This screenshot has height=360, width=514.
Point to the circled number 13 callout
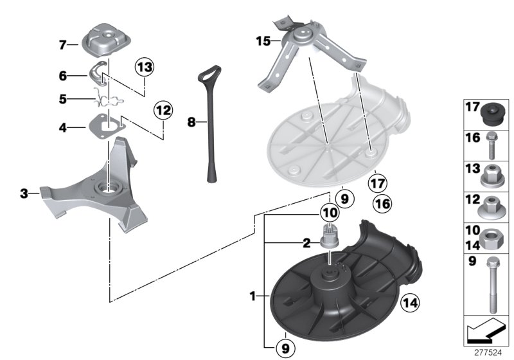pos(145,67)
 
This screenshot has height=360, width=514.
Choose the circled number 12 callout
pos(163,111)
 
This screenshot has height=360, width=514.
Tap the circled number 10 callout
pos(330,212)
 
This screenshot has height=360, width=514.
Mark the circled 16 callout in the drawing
pos(382,204)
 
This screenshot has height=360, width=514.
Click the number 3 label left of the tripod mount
pos(24,193)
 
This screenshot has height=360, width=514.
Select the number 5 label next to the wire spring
pos(63,100)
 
